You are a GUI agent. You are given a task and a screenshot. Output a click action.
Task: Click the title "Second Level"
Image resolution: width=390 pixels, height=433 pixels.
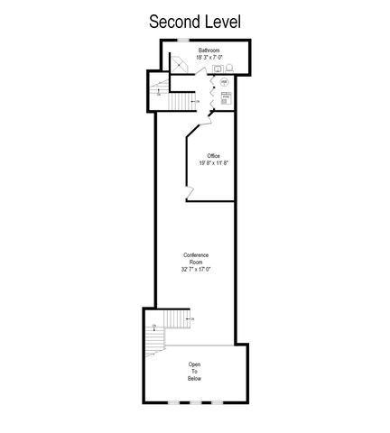point(195,20)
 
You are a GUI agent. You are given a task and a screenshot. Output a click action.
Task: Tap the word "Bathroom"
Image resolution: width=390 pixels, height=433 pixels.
point(210,51)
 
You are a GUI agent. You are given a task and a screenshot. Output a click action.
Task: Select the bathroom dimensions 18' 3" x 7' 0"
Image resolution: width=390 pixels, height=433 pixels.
point(210,58)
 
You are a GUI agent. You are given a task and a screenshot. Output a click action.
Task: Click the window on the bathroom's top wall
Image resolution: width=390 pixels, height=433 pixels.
point(181,42)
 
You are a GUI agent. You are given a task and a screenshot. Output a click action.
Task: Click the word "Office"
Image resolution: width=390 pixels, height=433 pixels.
point(213,156)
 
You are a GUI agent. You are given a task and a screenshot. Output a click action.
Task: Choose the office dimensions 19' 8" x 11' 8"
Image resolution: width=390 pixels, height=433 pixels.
point(213,164)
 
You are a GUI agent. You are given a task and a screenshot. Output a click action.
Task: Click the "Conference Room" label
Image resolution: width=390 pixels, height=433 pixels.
point(195,258)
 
